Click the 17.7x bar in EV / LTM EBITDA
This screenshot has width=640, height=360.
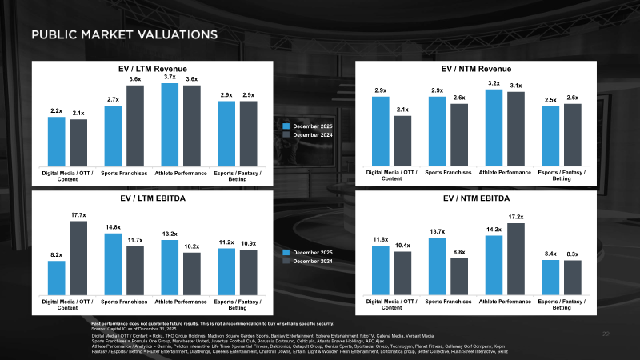tap(78, 257)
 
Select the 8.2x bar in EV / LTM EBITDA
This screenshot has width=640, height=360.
tap(56, 277)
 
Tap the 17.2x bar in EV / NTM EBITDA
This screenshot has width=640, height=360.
tap(516, 258)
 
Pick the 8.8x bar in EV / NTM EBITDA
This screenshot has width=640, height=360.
tap(459, 275)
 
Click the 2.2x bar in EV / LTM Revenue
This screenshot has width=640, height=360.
tap(56, 141)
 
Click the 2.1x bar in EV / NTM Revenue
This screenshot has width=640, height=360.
tap(402, 140)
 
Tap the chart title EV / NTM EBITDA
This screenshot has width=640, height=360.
tap(476, 197)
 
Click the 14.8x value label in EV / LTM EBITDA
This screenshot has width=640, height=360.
tap(113, 227)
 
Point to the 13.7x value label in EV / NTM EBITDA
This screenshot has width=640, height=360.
tap(437, 231)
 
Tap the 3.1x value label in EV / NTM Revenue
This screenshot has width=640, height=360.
tap(516, 86)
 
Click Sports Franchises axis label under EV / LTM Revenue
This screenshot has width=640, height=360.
tap(124, 172)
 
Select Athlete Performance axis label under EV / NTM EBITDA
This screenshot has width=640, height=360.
tap(505, 301)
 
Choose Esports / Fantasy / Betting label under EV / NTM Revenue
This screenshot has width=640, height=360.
tap(562, 175)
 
